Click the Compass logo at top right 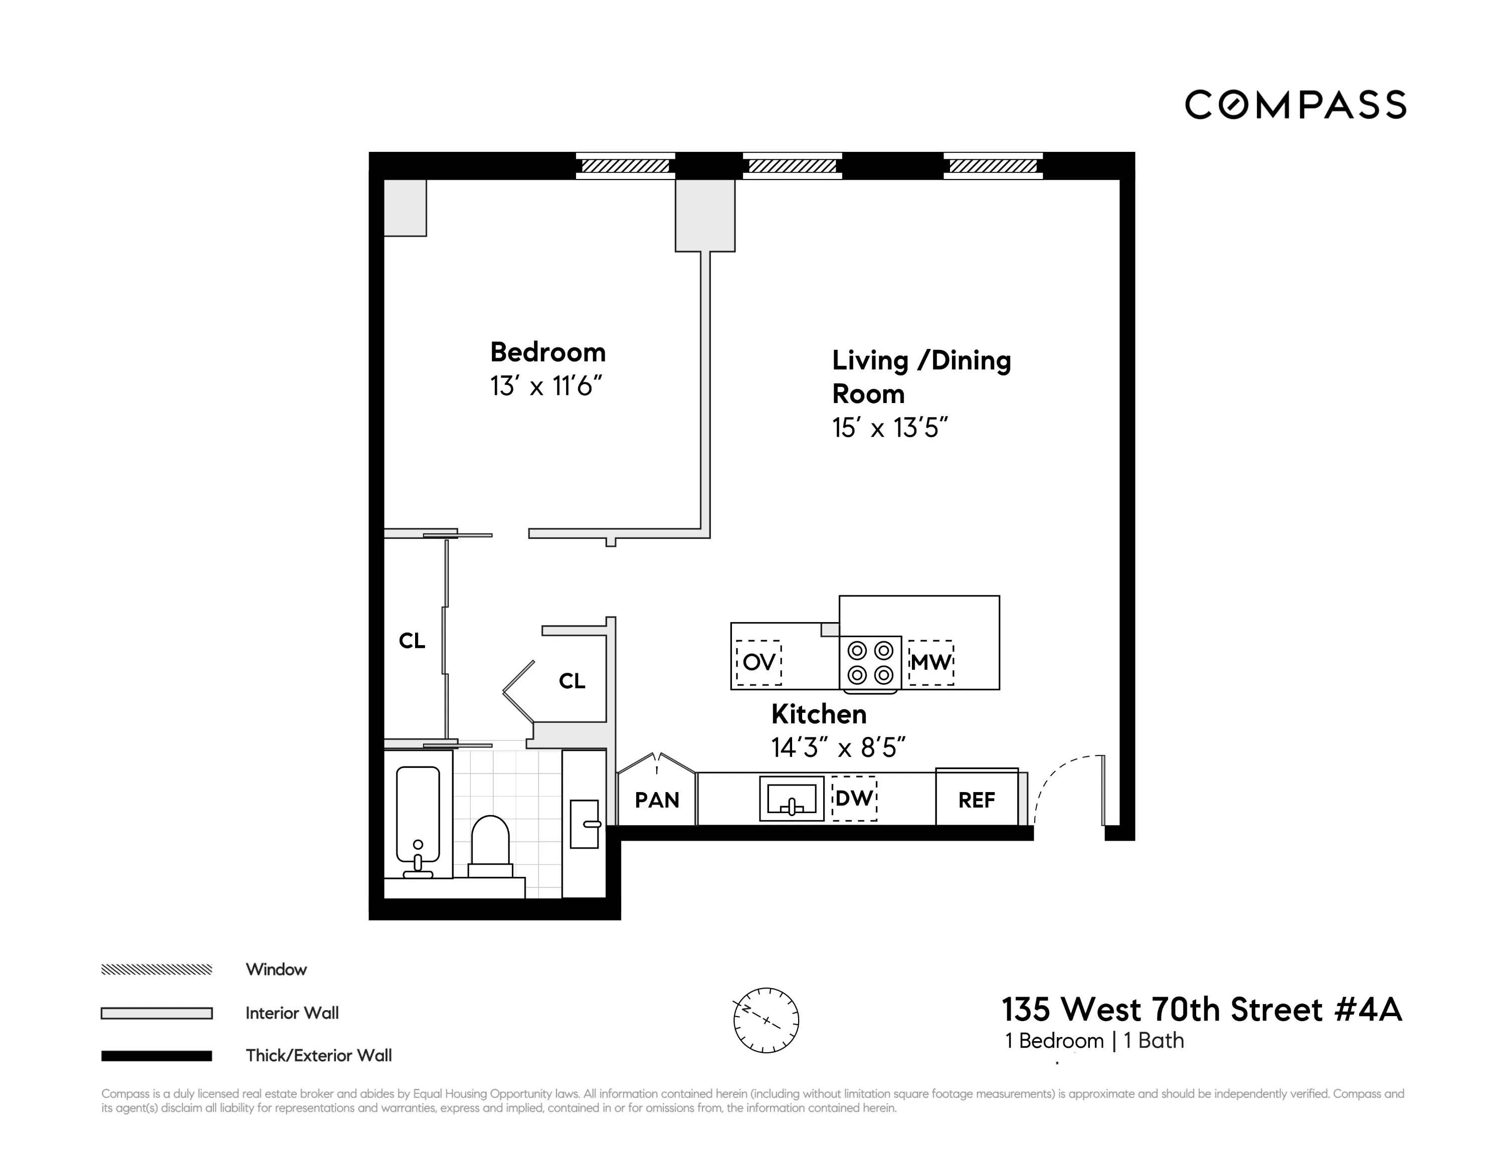[1294, 105]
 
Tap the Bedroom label [547, 352]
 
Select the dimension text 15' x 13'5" [890, 428]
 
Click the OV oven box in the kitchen [759, 662]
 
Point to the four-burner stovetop [870, 662]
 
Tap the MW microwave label [931, 662]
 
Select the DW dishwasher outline [854, 799]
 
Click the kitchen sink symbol [791, 799]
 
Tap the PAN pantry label [657, 800]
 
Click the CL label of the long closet [412, 641]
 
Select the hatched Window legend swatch [156, 969]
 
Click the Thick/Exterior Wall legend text [318, 1055]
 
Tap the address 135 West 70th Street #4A [1201, 1010]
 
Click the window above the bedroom [625, 166]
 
